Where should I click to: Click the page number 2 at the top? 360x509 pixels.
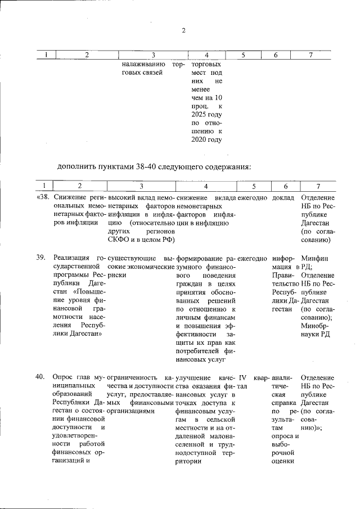[183, 30]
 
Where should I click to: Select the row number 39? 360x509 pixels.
[40, 257]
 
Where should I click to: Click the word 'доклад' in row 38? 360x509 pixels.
[283, 198]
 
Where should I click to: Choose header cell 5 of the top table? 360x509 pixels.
[243, 55]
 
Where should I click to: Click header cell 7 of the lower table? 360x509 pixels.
[318, 186]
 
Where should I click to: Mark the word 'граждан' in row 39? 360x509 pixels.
[190, 285]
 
